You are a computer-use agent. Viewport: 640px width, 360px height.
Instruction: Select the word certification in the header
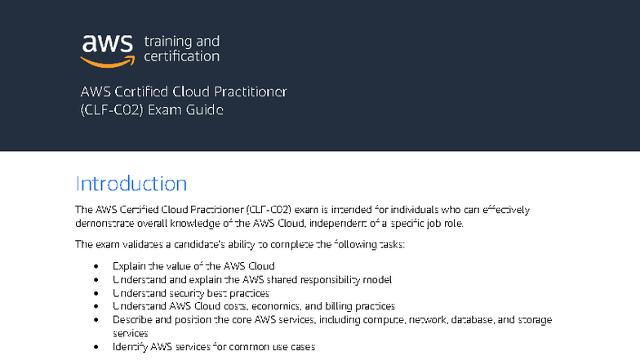click(181, 56)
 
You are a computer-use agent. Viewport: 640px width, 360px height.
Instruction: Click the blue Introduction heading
click(131, 183)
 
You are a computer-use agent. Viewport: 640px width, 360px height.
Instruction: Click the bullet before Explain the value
click(97, 266)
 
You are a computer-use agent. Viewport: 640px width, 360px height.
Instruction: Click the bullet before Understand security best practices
click(97, 293)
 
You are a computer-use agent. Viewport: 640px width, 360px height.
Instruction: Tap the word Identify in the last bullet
click(129, 347)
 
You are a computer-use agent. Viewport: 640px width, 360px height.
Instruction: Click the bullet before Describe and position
click(97, 320)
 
